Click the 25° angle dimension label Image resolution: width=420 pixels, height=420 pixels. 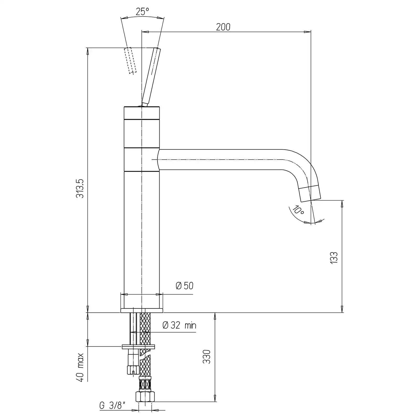coord(142,12)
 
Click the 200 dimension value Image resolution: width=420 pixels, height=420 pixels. coord(223,27)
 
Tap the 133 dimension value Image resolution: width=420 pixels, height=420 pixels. coord(334,258)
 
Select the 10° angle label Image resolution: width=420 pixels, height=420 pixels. coord(298,210)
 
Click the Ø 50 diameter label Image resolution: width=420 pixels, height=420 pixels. coord(185,286)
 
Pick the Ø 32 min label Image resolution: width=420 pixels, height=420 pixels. coord(180,325)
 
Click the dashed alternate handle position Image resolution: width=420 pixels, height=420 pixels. coord(130,60)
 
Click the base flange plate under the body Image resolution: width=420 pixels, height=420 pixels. coord(142,311)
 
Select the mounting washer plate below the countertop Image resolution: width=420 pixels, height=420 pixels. coord(138,347)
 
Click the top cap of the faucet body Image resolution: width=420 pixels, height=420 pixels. coord(141,113)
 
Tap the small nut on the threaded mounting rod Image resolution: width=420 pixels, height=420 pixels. coord(133,370)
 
